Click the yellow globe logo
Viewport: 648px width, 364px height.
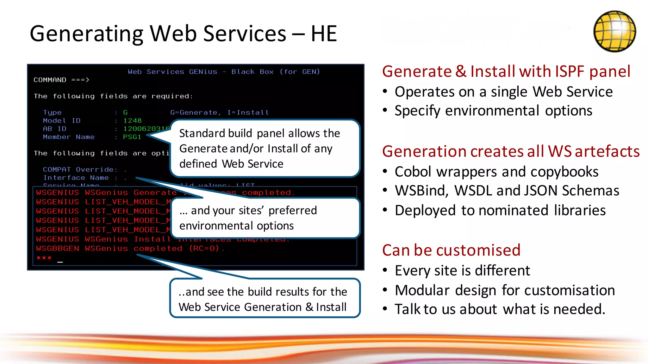click(x=614, y=31)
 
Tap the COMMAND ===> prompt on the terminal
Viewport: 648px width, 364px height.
click(x=61, y=80)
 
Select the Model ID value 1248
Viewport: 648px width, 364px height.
click(x=132, y=121)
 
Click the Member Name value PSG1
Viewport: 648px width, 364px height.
click(x=132, y=137)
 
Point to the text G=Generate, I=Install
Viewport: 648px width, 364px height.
click(x=219, y=112)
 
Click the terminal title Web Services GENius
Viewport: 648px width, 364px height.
click(x=172, y=72)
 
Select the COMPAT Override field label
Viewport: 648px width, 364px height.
click(x=80, y=170)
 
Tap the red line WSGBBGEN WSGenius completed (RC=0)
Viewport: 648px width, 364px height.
click(x=130, y=248)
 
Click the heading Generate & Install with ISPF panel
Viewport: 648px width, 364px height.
click(x=506, y=71)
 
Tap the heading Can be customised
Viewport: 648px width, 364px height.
click(x=451, y=250)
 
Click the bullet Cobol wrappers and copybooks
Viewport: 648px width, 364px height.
click(x=496, y=172)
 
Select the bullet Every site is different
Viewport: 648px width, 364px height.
click(x=462, y=271)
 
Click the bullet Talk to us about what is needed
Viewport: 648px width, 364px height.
click(x=500, y=309)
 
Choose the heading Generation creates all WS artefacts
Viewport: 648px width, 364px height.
click(x=511, y=151)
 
